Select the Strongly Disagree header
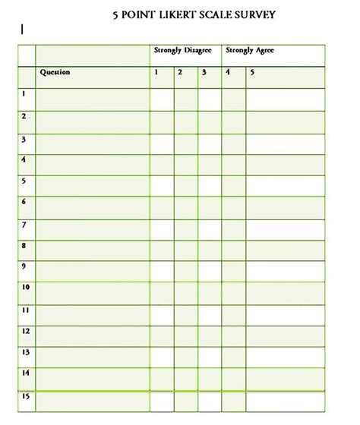(182, 51)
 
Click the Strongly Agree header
(249, 51)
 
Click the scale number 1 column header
(156, 73)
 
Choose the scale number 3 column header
(204, 73)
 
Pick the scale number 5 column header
(253, 73)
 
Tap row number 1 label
(24, 94)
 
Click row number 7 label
(24, 225)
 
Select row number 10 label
(25, 288)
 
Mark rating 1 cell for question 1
(162, 99)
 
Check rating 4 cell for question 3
(233, 143)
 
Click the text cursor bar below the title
(23, 30)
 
